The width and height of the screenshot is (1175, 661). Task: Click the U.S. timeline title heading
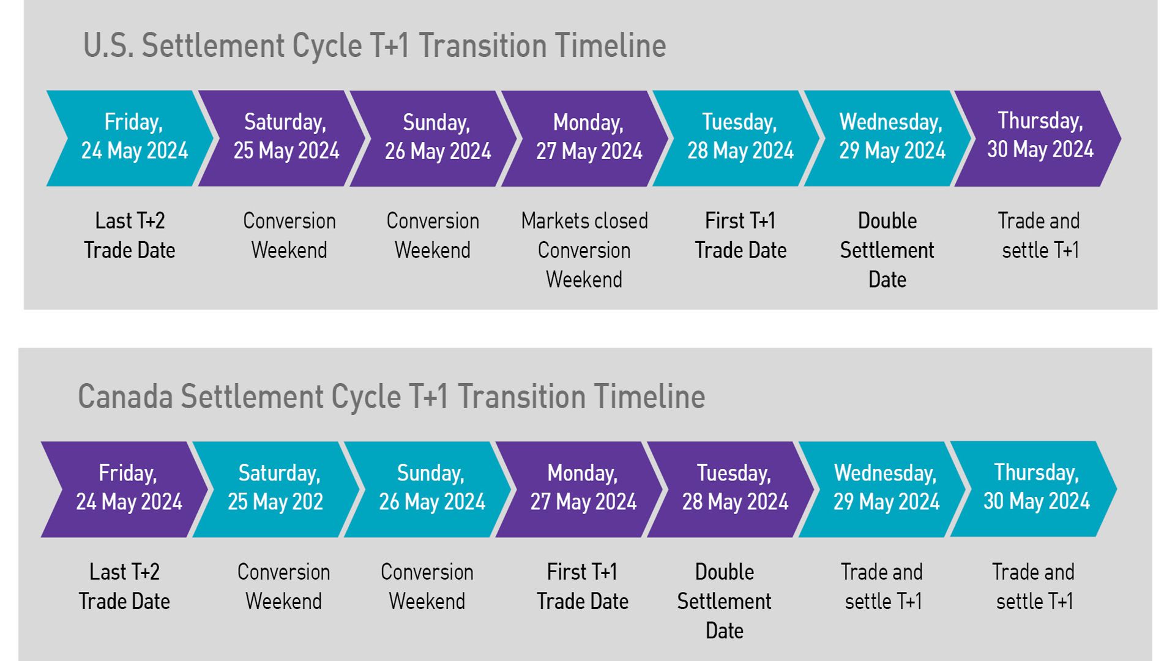click(x=375, y=45)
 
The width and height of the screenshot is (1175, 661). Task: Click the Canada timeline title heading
click(x=392, y=397)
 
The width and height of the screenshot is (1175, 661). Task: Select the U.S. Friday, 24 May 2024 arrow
click(x=130, y=138)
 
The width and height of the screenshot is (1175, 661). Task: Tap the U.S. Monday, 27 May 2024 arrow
click(x=585, y=138)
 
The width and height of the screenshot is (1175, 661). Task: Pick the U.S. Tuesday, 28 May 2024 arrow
click(x=736, y=138)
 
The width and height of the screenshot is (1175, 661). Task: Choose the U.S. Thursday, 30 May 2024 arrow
click(x=1038, y=138)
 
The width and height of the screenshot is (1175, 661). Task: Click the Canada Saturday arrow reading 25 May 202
click(x=276, y=490)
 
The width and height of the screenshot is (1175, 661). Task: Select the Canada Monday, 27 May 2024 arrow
click(x=579, y=490)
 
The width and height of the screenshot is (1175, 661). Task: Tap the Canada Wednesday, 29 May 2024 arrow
click(x=882, y=490)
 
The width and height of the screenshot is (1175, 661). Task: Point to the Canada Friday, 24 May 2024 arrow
click(x=125, y=490)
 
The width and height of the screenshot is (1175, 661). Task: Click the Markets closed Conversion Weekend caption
click(x=584, y=250)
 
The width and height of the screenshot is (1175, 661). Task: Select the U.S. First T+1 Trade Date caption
click(x=740, y=235)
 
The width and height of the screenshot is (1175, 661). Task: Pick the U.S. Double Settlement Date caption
click(x=887, y=250)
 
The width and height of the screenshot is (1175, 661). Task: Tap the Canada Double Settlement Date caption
click(x=725, y=601)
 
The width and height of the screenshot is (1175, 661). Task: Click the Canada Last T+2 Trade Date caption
click(x=124, y=586)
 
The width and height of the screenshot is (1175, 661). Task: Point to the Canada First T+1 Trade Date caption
click(x=583, y=586)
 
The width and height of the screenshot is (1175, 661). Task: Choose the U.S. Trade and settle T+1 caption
click(x=1039, y=235)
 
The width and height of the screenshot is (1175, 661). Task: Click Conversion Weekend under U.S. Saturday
click(x=289, y=235)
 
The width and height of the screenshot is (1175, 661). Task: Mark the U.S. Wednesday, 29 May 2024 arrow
click(x=887, y=138)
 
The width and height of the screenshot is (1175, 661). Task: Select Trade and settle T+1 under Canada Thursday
click(x=1034, y=586)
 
